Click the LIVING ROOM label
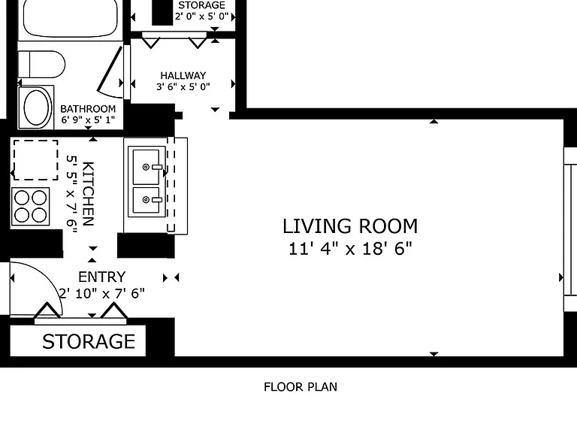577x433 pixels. [x=350, y=226]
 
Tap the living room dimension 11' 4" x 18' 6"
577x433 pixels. [x=350, y=249]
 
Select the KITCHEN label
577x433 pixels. [x=88, y=194]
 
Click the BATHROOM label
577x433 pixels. [x=88, y=109]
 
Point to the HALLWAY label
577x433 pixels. [x=183, y=75]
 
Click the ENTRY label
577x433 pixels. [x=102, y=277]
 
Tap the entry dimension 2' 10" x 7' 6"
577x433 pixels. [x=102, y=293]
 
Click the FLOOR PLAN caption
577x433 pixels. [x=301, y=387]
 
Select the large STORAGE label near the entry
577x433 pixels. [x=89, y=342]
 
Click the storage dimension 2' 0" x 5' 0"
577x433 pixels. [x=201, y=17]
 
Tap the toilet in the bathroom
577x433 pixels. [x=41, y=65]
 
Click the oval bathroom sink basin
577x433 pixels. [x=36, y=108]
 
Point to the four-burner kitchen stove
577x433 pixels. [x=31, y=207]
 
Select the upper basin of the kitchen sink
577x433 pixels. [x=146, y=167]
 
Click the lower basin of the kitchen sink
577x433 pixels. [x=146, y=200]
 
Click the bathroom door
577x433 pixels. [x=109, y=70]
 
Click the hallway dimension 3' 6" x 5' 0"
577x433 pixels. [x=183, y=87]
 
